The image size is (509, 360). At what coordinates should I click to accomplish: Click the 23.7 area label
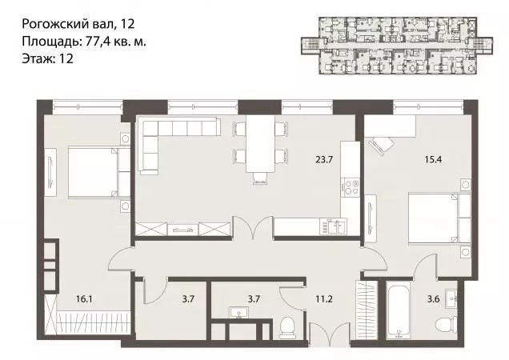324,159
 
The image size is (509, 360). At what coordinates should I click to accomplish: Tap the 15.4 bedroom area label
433,159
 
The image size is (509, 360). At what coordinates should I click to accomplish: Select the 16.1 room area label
84,298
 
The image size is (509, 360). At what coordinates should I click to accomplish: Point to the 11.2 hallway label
323,298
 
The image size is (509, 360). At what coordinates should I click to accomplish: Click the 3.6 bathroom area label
433,298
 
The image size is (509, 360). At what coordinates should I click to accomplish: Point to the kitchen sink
333,226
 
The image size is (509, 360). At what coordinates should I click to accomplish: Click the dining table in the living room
261,143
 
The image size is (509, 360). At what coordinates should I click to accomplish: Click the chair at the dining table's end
261,178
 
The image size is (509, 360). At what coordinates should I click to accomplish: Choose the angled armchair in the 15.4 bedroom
380,145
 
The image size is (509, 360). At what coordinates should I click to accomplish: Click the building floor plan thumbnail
397,46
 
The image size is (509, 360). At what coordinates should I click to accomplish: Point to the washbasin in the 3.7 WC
239,312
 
